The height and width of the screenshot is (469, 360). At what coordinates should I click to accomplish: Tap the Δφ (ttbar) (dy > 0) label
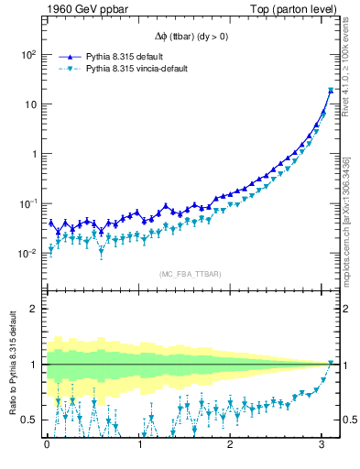[191, 38]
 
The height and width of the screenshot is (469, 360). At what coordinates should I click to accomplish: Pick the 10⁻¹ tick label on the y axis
[26, 203]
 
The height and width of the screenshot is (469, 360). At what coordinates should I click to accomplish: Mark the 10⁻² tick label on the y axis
[26, 253]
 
